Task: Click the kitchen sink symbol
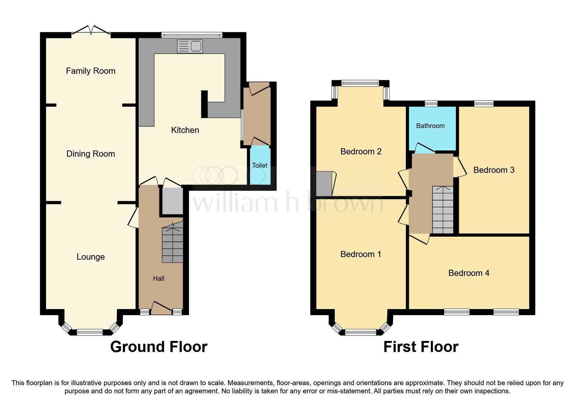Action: click(190, 46)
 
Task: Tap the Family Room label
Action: click(91, 71)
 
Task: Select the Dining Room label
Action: click(91, 154)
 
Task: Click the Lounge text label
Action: click(91, 257)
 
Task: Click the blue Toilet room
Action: click(260, 166)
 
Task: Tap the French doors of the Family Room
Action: click(91, 31)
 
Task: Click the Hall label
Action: click(158, 279)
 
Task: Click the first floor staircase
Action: click(443, 210)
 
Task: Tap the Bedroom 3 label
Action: click(494, 170)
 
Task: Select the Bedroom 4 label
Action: click(469, 273)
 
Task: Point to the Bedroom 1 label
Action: click(360, 254)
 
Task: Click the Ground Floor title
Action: click(158, 347)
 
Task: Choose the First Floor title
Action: click(420, 347)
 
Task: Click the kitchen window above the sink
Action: click(192, 34)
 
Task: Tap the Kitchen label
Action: click(185, 130)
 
